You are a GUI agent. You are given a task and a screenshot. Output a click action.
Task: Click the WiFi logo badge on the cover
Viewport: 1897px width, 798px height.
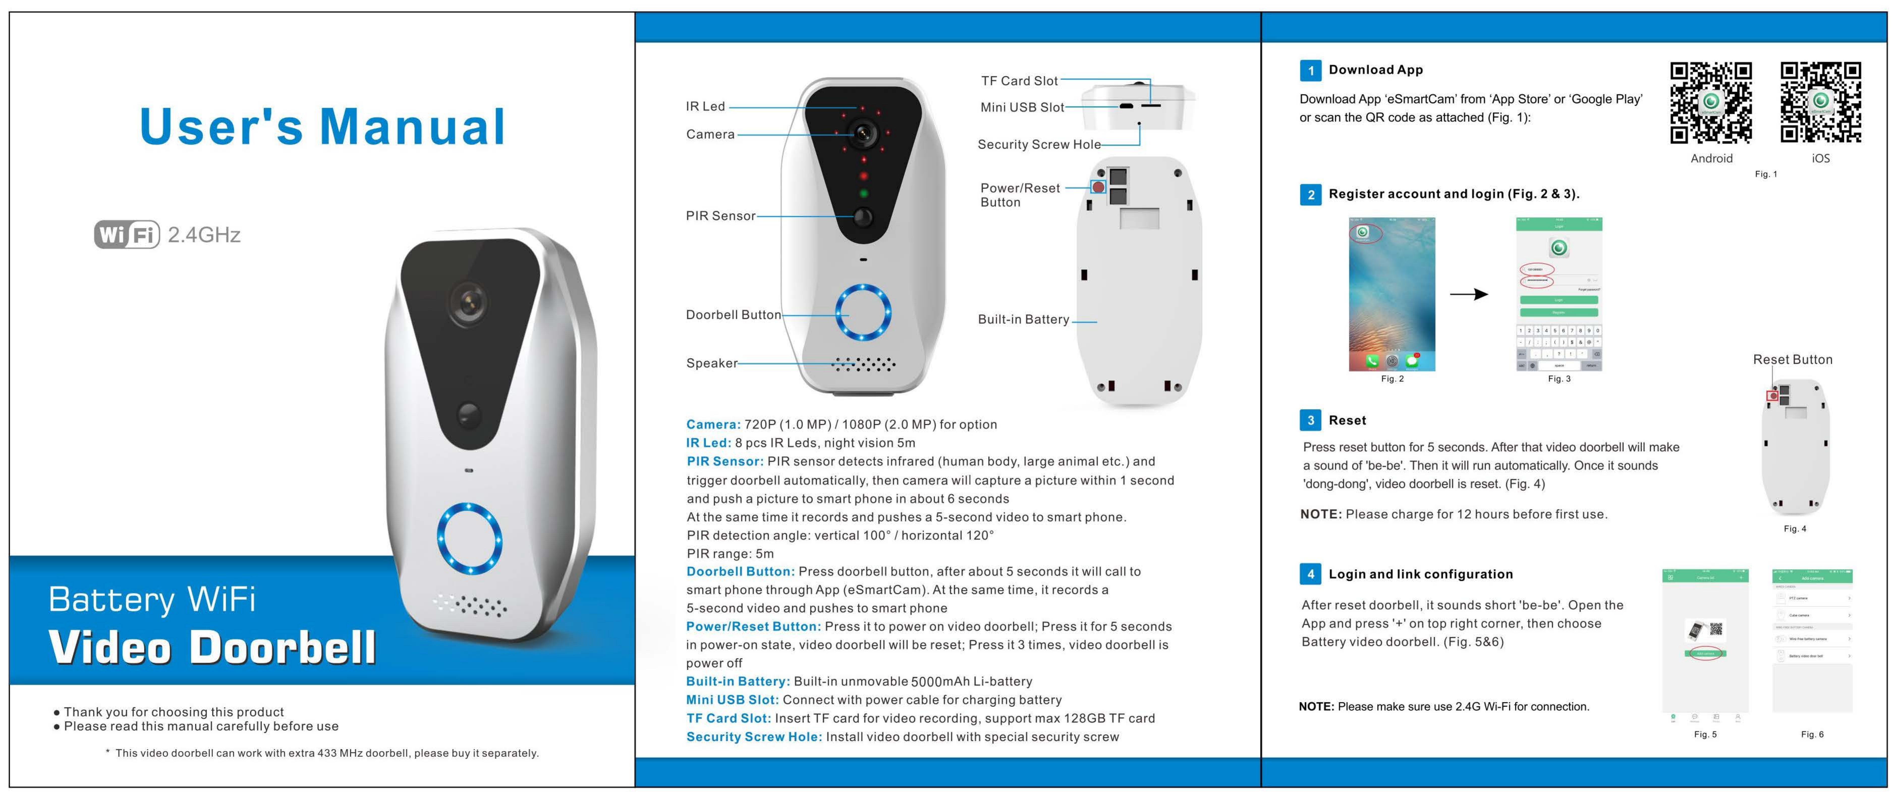[127, 234]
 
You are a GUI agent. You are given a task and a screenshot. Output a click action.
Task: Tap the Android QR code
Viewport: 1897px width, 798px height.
[1711, 102]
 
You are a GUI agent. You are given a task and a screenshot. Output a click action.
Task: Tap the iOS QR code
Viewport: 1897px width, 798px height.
[1820, 102]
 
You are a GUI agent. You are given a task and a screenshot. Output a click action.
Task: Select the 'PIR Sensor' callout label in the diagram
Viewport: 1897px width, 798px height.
[720, 216]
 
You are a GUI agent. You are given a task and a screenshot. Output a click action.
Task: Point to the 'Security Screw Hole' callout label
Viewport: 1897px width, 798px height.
[1038, 144]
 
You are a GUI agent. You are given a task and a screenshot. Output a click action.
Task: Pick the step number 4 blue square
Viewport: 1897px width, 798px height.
[1310, 574]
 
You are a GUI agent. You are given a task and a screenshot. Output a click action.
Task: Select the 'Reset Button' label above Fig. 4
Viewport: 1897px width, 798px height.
[1792, 360]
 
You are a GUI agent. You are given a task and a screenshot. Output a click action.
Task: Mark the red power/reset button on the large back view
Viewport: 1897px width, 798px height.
[1098, 187]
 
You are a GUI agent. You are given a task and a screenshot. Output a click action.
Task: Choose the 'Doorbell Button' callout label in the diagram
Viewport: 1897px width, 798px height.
[733, 315]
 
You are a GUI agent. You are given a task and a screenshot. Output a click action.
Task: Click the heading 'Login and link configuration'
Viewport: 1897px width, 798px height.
[1420, 574]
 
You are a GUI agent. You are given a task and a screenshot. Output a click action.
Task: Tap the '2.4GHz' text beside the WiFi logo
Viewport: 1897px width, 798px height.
[204, 234]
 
